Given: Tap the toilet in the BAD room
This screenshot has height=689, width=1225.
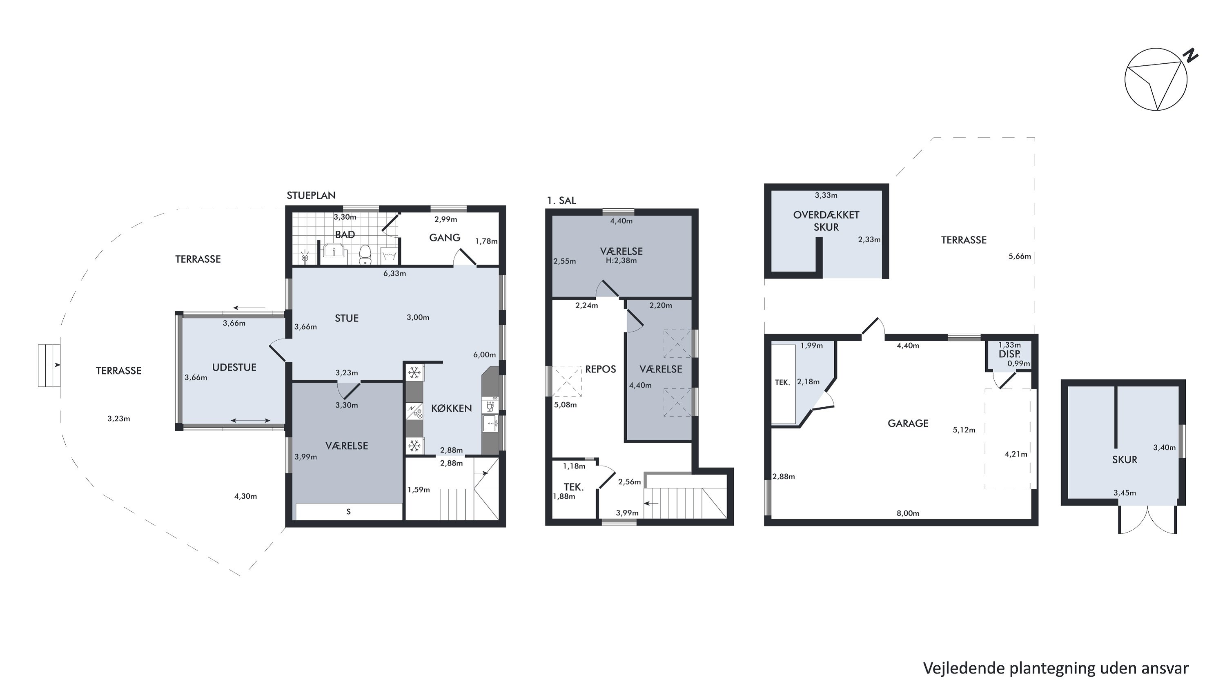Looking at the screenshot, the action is (x=365, y=254).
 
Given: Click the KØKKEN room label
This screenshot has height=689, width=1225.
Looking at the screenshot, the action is (x=451, y=408).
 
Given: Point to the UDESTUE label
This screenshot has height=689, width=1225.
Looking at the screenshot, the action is (x=234, y=367).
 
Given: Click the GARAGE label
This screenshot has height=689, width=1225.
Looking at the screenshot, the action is (x=908, y=423).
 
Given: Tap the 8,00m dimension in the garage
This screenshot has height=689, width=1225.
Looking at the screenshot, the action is (x=908, y=513).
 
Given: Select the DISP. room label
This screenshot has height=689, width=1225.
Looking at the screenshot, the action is (x=1009, y=354).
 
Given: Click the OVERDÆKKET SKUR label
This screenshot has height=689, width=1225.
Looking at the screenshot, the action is (x=826, y=221).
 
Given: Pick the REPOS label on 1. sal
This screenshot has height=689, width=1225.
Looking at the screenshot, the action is (x=600, y=369).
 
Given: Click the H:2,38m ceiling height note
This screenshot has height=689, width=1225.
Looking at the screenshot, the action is (x=621, y=261).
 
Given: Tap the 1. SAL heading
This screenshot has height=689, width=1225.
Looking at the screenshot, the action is (x=561, y=201).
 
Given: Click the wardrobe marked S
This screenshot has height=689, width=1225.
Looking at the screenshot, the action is (x=349, y=512).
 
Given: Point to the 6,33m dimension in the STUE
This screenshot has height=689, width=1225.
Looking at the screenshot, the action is (x=395, y=273).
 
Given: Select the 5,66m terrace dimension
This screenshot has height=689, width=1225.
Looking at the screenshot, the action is (x=1020, y=256).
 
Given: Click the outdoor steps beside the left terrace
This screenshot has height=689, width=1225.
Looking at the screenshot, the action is (x=49, y=365).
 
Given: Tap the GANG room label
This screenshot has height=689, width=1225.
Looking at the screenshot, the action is (x=445, y=237).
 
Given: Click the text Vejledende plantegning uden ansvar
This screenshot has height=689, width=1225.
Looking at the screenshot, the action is (x=1056, y=668).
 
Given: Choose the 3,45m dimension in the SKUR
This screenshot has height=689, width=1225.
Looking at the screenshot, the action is (x=1125, y=493).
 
